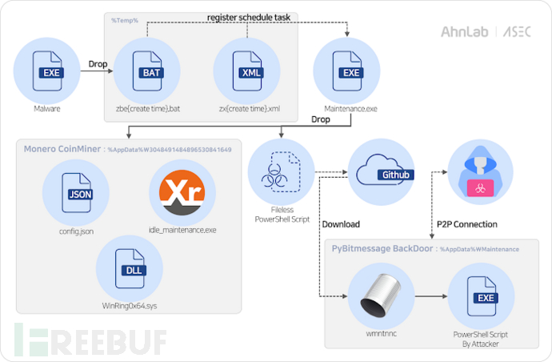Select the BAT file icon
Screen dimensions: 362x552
coord(149,73)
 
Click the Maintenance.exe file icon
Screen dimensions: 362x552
coord(350,73)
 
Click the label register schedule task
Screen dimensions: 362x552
coord(247,17)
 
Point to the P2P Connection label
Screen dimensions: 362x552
coord(468,224)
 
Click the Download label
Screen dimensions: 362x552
coord(341,224)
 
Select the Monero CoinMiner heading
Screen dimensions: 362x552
coord(62,149)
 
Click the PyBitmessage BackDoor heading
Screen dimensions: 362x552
coord(383,249)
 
